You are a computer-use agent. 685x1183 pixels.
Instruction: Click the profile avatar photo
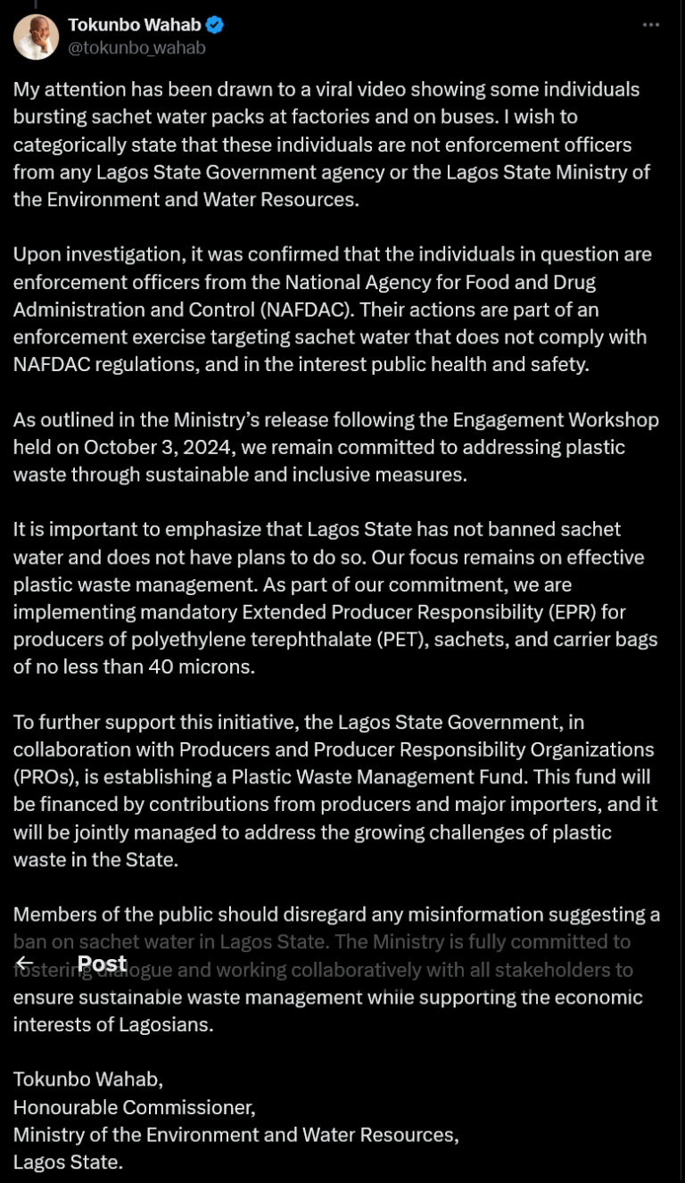pyautogui.click(x=36, y=37)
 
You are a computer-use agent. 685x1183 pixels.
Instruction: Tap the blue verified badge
pyautogui.click(x=215, y=25)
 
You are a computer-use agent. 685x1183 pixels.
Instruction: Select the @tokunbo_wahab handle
pyautogui.click(x=136, y=48)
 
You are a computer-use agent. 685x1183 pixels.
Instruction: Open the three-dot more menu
pyautogui.click(x=651, y=25)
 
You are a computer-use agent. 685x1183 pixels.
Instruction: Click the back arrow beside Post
pyautogui.click(x=25, y=964)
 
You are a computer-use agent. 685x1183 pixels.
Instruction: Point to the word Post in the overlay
pyautogui.click(x=102, y=964)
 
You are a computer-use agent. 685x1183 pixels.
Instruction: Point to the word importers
pyautogui.click(x=551, y=805)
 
